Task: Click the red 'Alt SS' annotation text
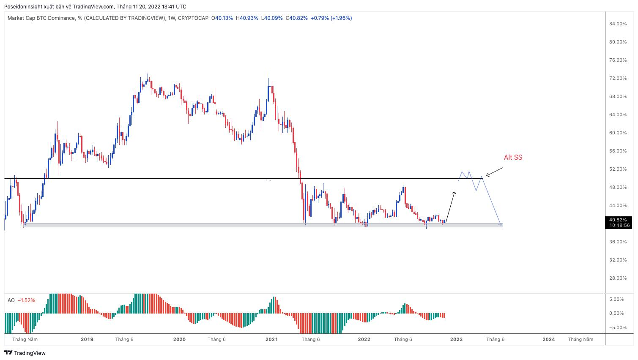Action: point(513,158)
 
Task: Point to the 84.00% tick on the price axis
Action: point(618,24)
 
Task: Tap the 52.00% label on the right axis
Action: point(618,169)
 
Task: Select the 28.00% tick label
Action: point(618,278)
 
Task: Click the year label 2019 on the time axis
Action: point(87,339)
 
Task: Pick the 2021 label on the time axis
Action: point(271,339)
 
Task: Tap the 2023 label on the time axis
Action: point(456,339)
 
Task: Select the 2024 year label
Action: point(549,339)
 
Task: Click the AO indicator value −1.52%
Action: point(26,300)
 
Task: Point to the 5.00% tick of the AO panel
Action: point(616,300)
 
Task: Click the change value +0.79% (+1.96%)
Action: point(331,18)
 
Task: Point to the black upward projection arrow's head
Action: point(455,193)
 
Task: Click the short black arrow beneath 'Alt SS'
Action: point(494,172)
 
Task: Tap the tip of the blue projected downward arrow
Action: point(502,226)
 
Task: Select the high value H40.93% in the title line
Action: point(247,18)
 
